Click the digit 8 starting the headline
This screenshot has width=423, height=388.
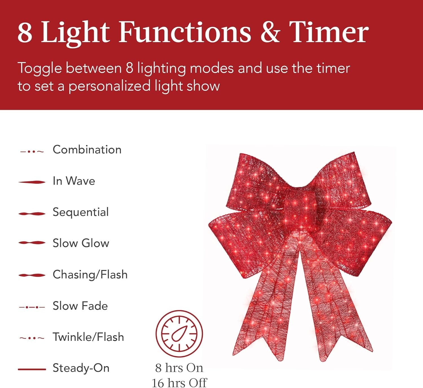[25, 32]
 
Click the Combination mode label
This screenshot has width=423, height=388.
[87, 150]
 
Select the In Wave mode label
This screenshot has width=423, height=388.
[74, 181]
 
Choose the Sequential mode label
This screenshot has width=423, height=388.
[81, 212]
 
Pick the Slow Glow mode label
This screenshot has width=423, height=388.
[81, 243]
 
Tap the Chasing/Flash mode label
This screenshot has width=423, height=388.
[90, 274]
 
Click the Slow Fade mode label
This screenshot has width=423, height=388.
[80, 306]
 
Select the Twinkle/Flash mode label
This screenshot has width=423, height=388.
[88, 337]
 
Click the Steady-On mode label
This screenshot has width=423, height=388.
[81, 368]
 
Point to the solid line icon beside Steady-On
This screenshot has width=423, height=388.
[32, 369]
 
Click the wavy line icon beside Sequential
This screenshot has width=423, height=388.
[32, 213]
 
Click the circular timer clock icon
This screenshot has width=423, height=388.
[179, 334]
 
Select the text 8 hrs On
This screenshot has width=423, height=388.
[179, 368]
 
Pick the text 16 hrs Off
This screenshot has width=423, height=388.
[179, 383]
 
